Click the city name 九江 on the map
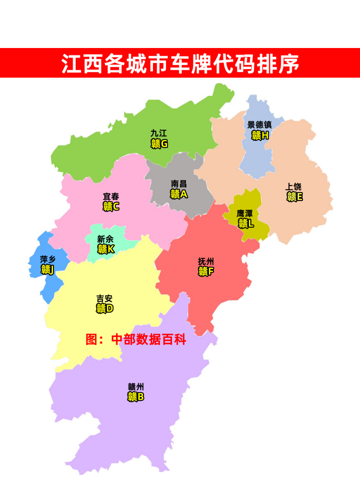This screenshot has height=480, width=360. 159,133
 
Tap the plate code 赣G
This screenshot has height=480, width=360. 159,144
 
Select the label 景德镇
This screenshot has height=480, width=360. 259,125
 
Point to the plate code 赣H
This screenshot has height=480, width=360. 260,135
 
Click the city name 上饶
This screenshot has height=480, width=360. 294,186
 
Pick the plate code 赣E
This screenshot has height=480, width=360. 295,196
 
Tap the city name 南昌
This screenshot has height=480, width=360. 179,184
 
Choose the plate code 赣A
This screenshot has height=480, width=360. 179,194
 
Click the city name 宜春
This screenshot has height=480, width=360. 111,196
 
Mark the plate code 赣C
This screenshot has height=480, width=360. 111,206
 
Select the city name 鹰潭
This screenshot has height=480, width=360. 245,213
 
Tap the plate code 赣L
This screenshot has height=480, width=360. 246,223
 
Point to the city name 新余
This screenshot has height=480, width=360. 105,239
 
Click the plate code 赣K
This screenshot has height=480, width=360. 106,249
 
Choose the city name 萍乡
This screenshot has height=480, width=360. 48,259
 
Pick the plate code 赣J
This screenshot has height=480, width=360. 48,269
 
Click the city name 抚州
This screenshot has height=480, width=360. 206,261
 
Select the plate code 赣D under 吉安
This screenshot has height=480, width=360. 105,309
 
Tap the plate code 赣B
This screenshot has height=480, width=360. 136,397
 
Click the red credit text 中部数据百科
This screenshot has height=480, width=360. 149,339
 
